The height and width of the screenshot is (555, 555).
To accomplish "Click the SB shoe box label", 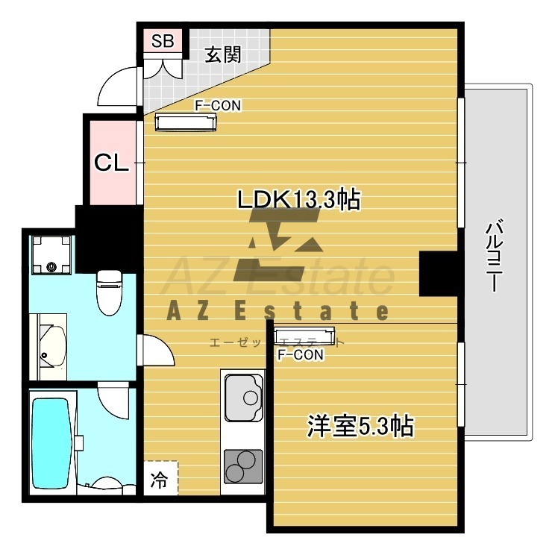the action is [163, 41].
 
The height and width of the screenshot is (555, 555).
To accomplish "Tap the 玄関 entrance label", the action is [223, 55].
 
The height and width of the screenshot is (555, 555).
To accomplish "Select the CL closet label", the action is [111, 163].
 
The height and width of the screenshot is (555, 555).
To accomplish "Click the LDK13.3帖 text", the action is [299, 199].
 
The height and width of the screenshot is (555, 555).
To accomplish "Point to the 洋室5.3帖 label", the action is [360, 427].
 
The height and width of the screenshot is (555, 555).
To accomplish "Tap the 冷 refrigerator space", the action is [160, 478].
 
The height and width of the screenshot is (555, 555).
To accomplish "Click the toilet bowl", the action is [110, 292].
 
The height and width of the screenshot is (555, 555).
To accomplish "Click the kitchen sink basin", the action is [244, 398].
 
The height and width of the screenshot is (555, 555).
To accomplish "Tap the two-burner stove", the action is [243, 466].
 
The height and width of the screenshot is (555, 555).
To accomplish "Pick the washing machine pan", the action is [51, 255].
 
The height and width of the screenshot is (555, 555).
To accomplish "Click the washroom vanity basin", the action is [52, 347].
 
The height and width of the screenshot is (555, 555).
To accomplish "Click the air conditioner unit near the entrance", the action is [186, 122].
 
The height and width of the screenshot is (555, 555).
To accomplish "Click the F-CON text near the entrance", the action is [218, 105].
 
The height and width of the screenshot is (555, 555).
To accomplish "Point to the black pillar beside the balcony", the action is [439, 273].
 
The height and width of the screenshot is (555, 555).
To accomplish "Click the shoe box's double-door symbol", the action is [163, 68].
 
